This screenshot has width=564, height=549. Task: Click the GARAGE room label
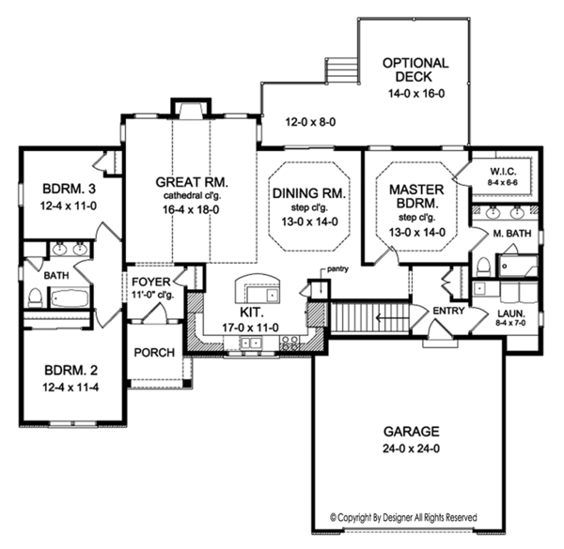tap(410, 432)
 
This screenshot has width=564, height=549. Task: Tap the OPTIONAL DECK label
tap(415, 71)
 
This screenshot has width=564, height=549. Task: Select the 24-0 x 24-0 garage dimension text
tap(410, 450)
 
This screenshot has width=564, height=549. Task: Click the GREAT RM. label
tap(188, 181)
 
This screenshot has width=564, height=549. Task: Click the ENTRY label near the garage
tap(447, 310)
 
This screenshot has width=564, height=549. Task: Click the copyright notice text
tap(403, 517)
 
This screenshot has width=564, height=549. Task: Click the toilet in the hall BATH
tap(35, 298)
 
